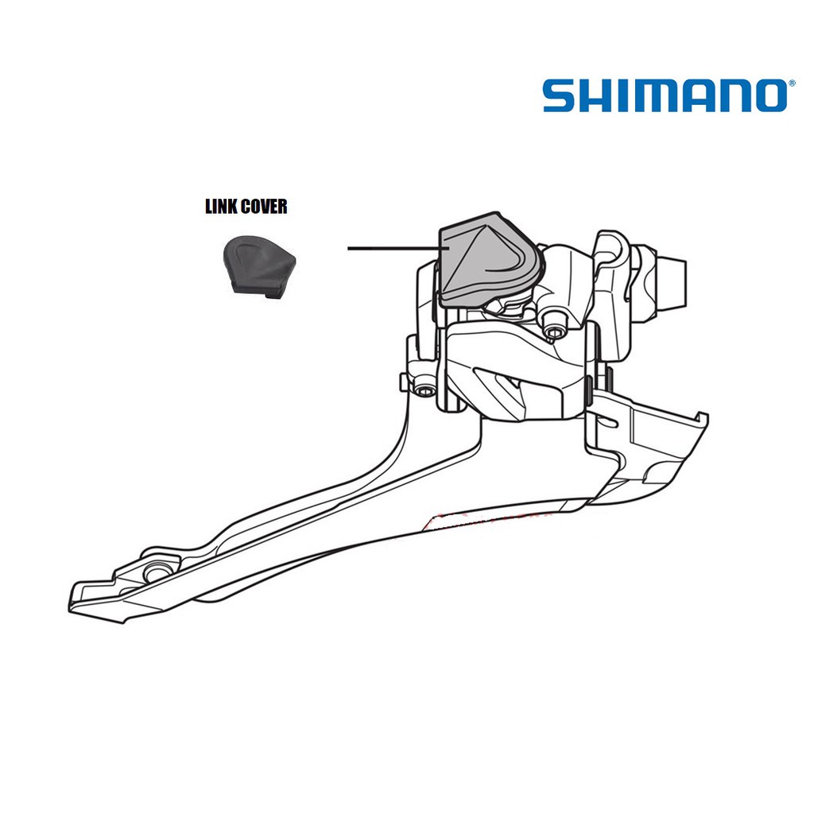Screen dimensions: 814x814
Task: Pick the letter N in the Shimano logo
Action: pos(733,95)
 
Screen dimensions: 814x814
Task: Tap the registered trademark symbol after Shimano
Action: pos(791,83)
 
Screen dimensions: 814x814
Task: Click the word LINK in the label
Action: pos(222,206)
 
